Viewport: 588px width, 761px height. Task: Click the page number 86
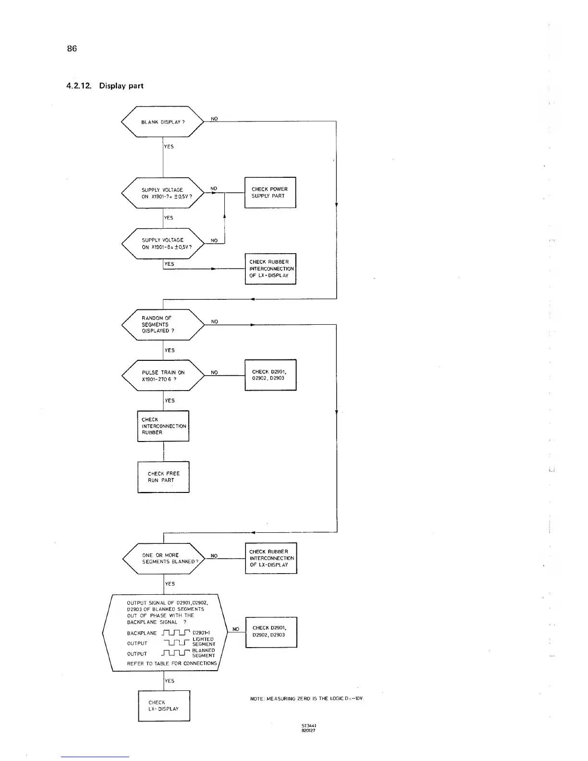point(72,49)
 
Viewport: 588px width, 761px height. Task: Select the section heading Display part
point(121,86)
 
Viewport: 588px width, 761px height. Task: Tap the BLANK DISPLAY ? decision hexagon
point(163,122)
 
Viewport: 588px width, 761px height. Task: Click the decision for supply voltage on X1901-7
point(163,193)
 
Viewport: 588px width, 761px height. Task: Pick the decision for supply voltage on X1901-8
point(163,244)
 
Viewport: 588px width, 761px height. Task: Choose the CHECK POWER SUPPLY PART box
point(270,193)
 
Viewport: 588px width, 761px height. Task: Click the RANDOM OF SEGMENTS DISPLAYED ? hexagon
point(163,324)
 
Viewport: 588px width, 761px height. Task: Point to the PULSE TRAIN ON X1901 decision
point(163,375)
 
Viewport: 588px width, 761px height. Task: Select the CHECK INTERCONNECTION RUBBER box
point(163,426)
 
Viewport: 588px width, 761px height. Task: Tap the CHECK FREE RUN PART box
point(163,477)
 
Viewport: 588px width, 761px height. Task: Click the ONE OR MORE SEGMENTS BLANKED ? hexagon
point(164,558)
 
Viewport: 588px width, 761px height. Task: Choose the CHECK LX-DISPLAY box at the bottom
point(164,706)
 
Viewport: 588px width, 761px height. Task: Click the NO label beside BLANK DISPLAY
point(214,119)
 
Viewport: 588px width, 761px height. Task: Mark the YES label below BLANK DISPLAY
point(169,147)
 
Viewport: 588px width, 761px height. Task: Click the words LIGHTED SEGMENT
point(204,641)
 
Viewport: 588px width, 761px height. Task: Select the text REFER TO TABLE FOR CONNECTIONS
point(171,663)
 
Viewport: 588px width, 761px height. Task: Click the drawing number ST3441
point(308,726)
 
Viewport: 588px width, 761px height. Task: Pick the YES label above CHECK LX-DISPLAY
point(170,681)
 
